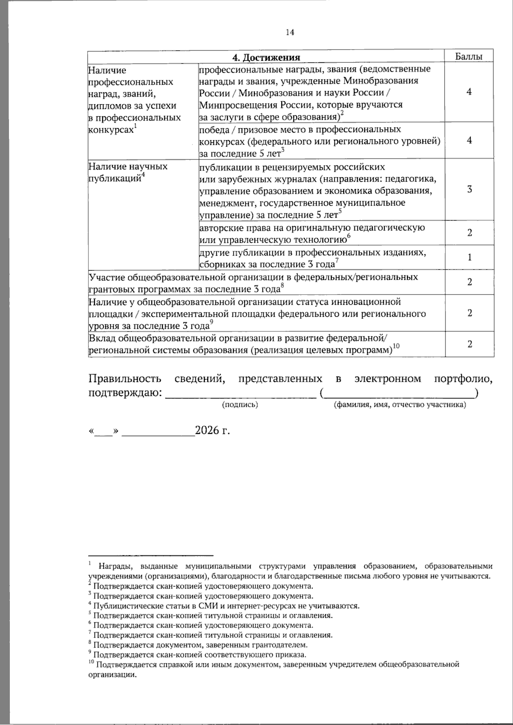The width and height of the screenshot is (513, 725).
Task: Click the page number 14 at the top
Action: pos(290,32)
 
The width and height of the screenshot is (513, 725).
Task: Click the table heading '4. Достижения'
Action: pos(266,57)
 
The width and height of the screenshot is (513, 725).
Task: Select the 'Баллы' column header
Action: pos(469,56)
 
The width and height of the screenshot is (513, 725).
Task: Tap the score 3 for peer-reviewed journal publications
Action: pos(469,189)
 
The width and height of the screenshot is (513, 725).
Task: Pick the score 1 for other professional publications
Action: pos(469,257)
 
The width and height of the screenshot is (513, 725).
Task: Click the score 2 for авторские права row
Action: pos(469,233)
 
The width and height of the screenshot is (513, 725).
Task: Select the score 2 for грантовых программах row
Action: pos(469,282)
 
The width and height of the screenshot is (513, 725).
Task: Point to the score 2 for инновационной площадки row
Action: pos(469,313)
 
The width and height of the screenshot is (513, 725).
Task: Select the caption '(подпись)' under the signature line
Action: pos(240,404)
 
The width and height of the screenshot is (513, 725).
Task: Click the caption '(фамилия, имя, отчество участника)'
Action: pos(399,404)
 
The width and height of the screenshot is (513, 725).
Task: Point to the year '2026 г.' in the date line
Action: pos(212,430)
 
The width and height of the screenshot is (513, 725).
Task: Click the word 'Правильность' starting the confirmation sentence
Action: pos(125,379)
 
